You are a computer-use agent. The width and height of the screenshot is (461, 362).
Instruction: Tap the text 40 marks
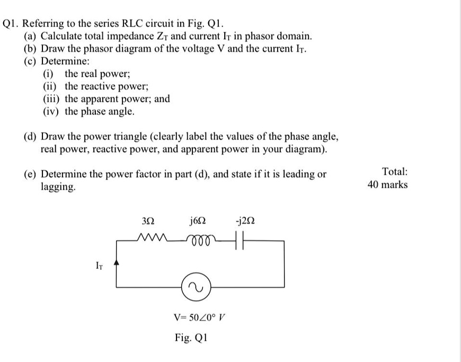click(x=387, y=184)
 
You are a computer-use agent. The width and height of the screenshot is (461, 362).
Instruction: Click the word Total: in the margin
click(x=394, y=171)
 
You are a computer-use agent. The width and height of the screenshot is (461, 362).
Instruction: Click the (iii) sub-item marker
click(x=52, y=99)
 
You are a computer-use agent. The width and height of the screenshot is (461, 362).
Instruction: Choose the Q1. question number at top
click(x=11, y=24)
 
